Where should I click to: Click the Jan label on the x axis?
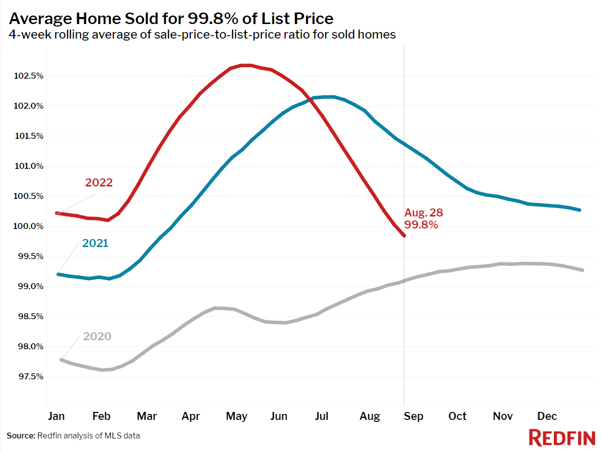coord(56,416)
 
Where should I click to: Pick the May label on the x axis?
coord(236,416)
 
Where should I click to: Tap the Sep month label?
coord(413,416)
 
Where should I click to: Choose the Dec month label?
coord(547,416)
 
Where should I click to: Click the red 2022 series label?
coord(99,182)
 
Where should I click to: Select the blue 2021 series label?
coord(95,244)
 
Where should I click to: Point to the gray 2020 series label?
coord(97,336)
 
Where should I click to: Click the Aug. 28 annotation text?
coord(424,212)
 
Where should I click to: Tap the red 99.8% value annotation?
coord(421,225)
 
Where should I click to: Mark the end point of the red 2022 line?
coord(404,235)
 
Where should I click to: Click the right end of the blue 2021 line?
coord(579,210)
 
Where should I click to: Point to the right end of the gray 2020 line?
coord(582,270)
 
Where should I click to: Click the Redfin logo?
coord(561,437)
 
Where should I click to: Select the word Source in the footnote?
coord(21,435)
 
